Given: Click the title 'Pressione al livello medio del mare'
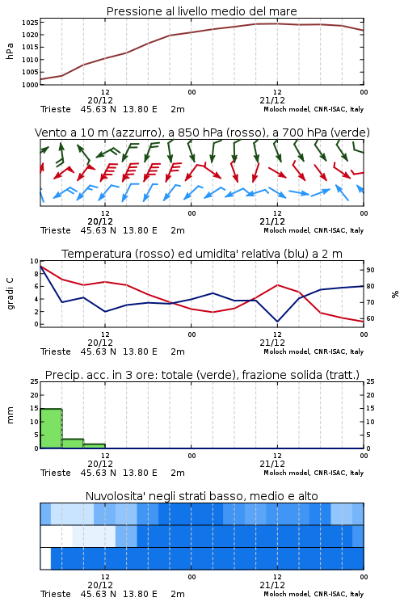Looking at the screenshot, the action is (201, 11).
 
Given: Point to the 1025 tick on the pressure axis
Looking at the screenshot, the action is (30, 23).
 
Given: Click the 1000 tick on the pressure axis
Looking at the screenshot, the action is (30, 85).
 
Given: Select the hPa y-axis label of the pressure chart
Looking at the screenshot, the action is (10, 51).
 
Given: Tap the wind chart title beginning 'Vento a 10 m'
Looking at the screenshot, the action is (202, 133).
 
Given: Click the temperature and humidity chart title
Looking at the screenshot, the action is (202, 254).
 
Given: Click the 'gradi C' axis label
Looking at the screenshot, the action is (11, 293).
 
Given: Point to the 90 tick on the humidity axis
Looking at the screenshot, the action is (370, 270).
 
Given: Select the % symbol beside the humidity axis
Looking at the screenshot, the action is (395, 294).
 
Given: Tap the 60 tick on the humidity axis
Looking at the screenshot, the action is (370, 318).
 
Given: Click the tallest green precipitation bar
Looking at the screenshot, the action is (51, 428).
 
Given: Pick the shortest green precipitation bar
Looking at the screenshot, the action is (95, 446).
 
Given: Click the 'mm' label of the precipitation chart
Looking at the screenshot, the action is (10, 415).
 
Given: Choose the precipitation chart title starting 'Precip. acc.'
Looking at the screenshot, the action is (202, 375).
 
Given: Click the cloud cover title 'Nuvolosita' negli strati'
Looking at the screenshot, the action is (201, 496).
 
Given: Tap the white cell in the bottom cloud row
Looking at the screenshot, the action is (45, 558).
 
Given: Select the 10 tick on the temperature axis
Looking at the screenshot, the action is (34, 261).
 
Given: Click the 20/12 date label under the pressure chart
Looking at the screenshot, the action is (100, 100).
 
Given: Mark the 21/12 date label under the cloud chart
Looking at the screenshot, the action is (272, 585).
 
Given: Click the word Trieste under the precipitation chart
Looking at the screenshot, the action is (56, 473).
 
